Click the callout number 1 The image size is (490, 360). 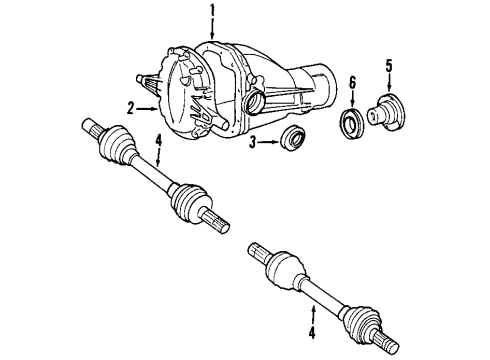212,12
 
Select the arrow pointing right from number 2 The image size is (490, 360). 148,107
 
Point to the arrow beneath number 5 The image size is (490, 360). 389,83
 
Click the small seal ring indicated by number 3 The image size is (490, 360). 294,140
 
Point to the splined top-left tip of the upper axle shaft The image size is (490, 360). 84,125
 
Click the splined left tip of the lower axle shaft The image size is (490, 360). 258,250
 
